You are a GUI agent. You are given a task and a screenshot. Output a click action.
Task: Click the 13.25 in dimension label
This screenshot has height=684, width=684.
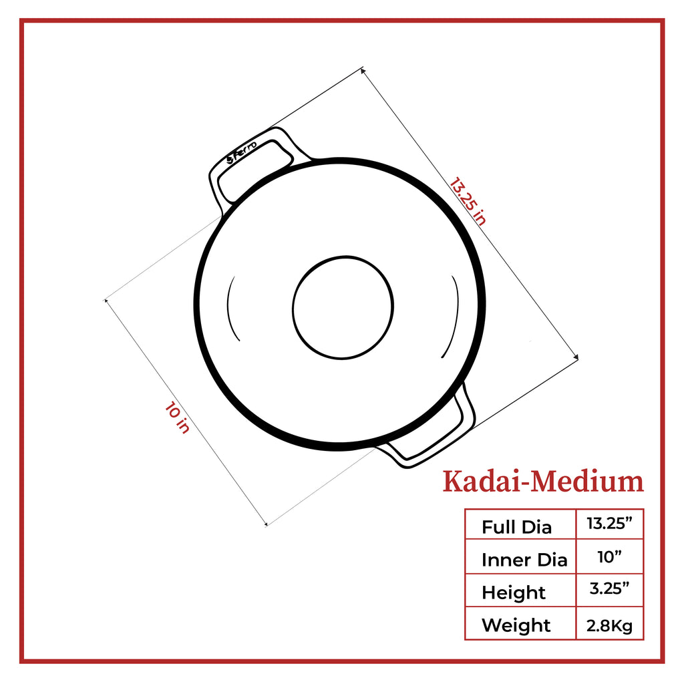[468, 201]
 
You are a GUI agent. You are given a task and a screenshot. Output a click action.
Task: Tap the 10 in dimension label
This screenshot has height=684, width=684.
[177, 417]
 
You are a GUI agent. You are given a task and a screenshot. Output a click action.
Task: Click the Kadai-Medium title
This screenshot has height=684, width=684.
[543, 482]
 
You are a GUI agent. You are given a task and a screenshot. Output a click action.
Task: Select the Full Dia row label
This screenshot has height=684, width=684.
[516, 527]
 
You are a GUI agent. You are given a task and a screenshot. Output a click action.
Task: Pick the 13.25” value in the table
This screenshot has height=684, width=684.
[609, 523]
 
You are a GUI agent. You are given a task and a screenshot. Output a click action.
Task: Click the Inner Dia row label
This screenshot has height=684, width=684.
[524, 560]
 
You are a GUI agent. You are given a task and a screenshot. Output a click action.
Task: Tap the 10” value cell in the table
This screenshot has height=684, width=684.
[609, 556]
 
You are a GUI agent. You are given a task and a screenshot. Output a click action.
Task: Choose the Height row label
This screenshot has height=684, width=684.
[514, 592]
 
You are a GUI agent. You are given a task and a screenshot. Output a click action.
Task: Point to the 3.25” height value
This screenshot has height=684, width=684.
[609, 588]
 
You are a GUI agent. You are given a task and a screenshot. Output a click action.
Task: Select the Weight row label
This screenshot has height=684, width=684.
[516, 625]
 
